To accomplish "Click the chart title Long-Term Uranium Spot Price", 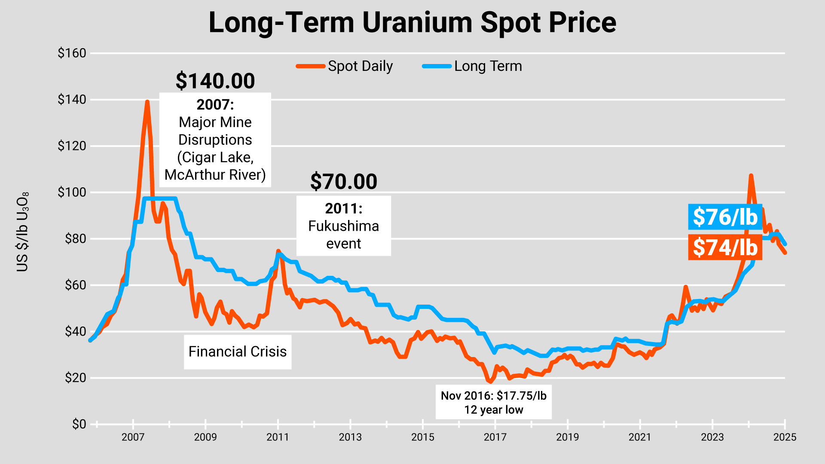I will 412,22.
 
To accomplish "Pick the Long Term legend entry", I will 473,66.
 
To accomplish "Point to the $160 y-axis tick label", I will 72,53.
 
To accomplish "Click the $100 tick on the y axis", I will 72,192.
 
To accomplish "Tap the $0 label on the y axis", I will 79,424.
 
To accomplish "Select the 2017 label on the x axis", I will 495,437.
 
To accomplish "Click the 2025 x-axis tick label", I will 785,437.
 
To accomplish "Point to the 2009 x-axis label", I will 205,437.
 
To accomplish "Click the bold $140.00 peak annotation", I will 215,81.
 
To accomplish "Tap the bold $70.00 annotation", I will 343,181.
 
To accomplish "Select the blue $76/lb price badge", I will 725,217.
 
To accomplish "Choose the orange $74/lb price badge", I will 725,247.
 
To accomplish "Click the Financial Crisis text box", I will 238,352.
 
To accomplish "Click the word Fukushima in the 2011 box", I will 343,226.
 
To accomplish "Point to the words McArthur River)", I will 215,175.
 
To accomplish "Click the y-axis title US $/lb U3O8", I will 22,232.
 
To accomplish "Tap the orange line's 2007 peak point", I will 147,102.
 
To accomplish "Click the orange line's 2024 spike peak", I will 751,176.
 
